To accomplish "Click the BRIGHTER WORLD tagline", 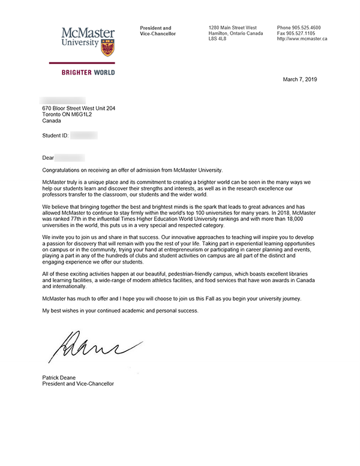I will click(x=88, y=73).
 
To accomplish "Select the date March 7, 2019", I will click(x=300, y=79).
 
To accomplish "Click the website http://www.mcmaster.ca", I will click(x=302, y=38).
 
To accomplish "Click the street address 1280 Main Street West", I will click(x=232, y=28).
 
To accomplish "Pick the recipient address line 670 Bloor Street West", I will click(x=78, y=108).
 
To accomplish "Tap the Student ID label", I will click(x=55, y=136).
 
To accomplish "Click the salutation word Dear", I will click(x=48, y=158).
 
